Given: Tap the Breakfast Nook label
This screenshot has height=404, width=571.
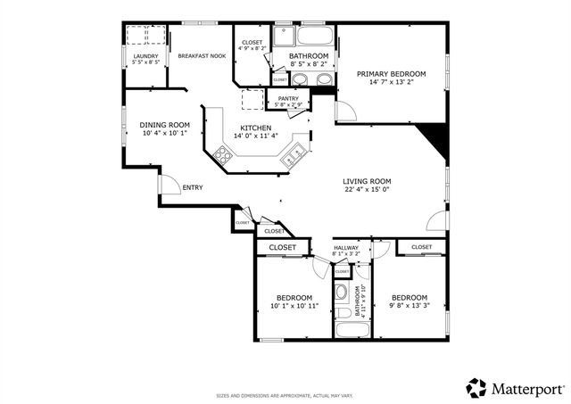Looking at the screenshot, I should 201,56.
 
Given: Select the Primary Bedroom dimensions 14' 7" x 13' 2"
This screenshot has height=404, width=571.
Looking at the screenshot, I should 391,84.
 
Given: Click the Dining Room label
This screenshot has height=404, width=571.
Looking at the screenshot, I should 165,125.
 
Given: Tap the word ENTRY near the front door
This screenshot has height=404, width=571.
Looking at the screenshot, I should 192,187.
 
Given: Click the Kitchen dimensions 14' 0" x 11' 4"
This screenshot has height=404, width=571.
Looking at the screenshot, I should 256,136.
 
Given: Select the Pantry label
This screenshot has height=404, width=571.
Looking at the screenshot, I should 287,98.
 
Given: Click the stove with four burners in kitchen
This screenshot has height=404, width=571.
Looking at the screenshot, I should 223,154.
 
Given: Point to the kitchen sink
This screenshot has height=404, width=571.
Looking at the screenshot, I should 292,159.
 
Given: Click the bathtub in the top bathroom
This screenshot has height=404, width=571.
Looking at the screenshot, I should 314,37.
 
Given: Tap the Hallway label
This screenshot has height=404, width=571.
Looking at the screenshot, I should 345,248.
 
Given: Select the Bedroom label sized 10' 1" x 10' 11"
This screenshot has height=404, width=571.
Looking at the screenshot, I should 293,297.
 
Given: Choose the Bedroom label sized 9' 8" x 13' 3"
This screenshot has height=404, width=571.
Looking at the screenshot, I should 410,297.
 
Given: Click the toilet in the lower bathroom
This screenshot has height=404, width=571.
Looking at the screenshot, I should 341,293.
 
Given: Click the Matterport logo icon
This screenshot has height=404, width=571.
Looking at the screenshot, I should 476,387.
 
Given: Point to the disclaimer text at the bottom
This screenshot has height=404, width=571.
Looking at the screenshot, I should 284,395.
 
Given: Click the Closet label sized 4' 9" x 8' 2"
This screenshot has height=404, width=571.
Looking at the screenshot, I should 252,42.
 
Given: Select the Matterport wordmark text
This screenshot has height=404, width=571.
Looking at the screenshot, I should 527,388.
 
